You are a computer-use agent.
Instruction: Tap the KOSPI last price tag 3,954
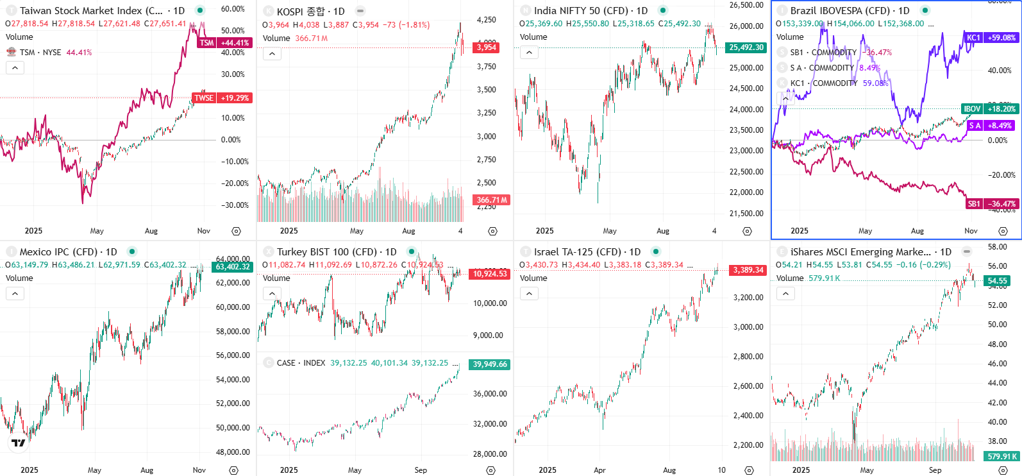click(487, 47)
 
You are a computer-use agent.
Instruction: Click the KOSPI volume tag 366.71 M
click(492, 200)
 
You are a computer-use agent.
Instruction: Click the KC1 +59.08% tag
click(991, 38)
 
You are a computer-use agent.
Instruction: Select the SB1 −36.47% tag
click(991, 204)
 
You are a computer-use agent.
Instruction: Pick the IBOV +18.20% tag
click(989, 109)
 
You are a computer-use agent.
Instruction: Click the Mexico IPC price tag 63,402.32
click(233, 267)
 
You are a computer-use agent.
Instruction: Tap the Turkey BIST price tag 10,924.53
click(490, 274)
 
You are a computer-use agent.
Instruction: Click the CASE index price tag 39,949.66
click(490, 364)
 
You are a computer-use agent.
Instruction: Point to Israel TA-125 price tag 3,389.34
click(748, 270)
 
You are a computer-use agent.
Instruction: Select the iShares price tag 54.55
click(997, 281)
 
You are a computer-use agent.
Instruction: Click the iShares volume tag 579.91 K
click(1002, 457)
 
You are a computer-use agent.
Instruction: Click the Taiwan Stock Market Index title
click(91, 11)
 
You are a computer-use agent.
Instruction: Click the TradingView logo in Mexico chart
click(19, 443)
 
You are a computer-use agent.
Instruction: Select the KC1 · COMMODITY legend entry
click(823, 83)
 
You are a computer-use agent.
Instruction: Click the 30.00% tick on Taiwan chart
click(233, 74)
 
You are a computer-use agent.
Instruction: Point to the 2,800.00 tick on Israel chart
click(748, 357)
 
